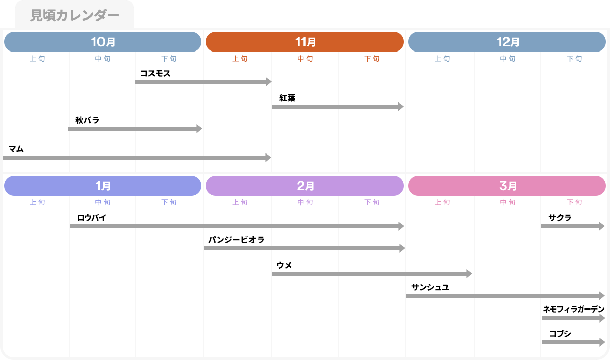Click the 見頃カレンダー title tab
[74, 15]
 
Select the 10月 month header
[103, 42]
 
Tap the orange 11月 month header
[305, 42]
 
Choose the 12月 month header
[507, 42]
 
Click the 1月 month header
[103, 186]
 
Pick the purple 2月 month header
[305, 186]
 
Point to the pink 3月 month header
[507, 186]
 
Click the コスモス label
[156, 73]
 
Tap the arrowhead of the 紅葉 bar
[401, 107]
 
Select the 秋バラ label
[87, 120]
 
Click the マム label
[16, 149]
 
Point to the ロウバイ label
[91, 218]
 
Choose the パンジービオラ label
[236, 240]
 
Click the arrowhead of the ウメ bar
[469, 274]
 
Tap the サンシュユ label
[430, 287]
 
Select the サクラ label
[560, 218]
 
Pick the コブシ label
[560, 333]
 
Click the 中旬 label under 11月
[305, 59]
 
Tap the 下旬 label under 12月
[574, 59]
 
